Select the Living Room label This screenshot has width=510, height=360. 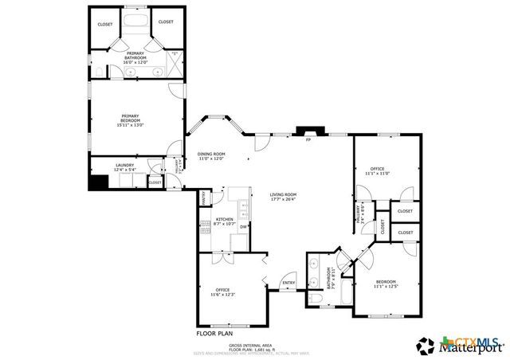click(282, 194)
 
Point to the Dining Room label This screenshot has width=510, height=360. click(211, 154)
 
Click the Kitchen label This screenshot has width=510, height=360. click(224, 219)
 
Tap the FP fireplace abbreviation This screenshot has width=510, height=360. click(308, 141)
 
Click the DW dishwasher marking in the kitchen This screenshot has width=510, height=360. click(242, 228)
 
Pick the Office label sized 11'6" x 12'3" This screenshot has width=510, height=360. click(222, 289)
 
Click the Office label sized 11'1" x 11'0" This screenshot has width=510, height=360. click(377, 169)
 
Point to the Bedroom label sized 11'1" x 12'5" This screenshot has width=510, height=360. click(386, 281)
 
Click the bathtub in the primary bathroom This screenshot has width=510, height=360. click(135, 20)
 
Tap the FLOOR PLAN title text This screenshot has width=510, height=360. click(214, 324)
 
